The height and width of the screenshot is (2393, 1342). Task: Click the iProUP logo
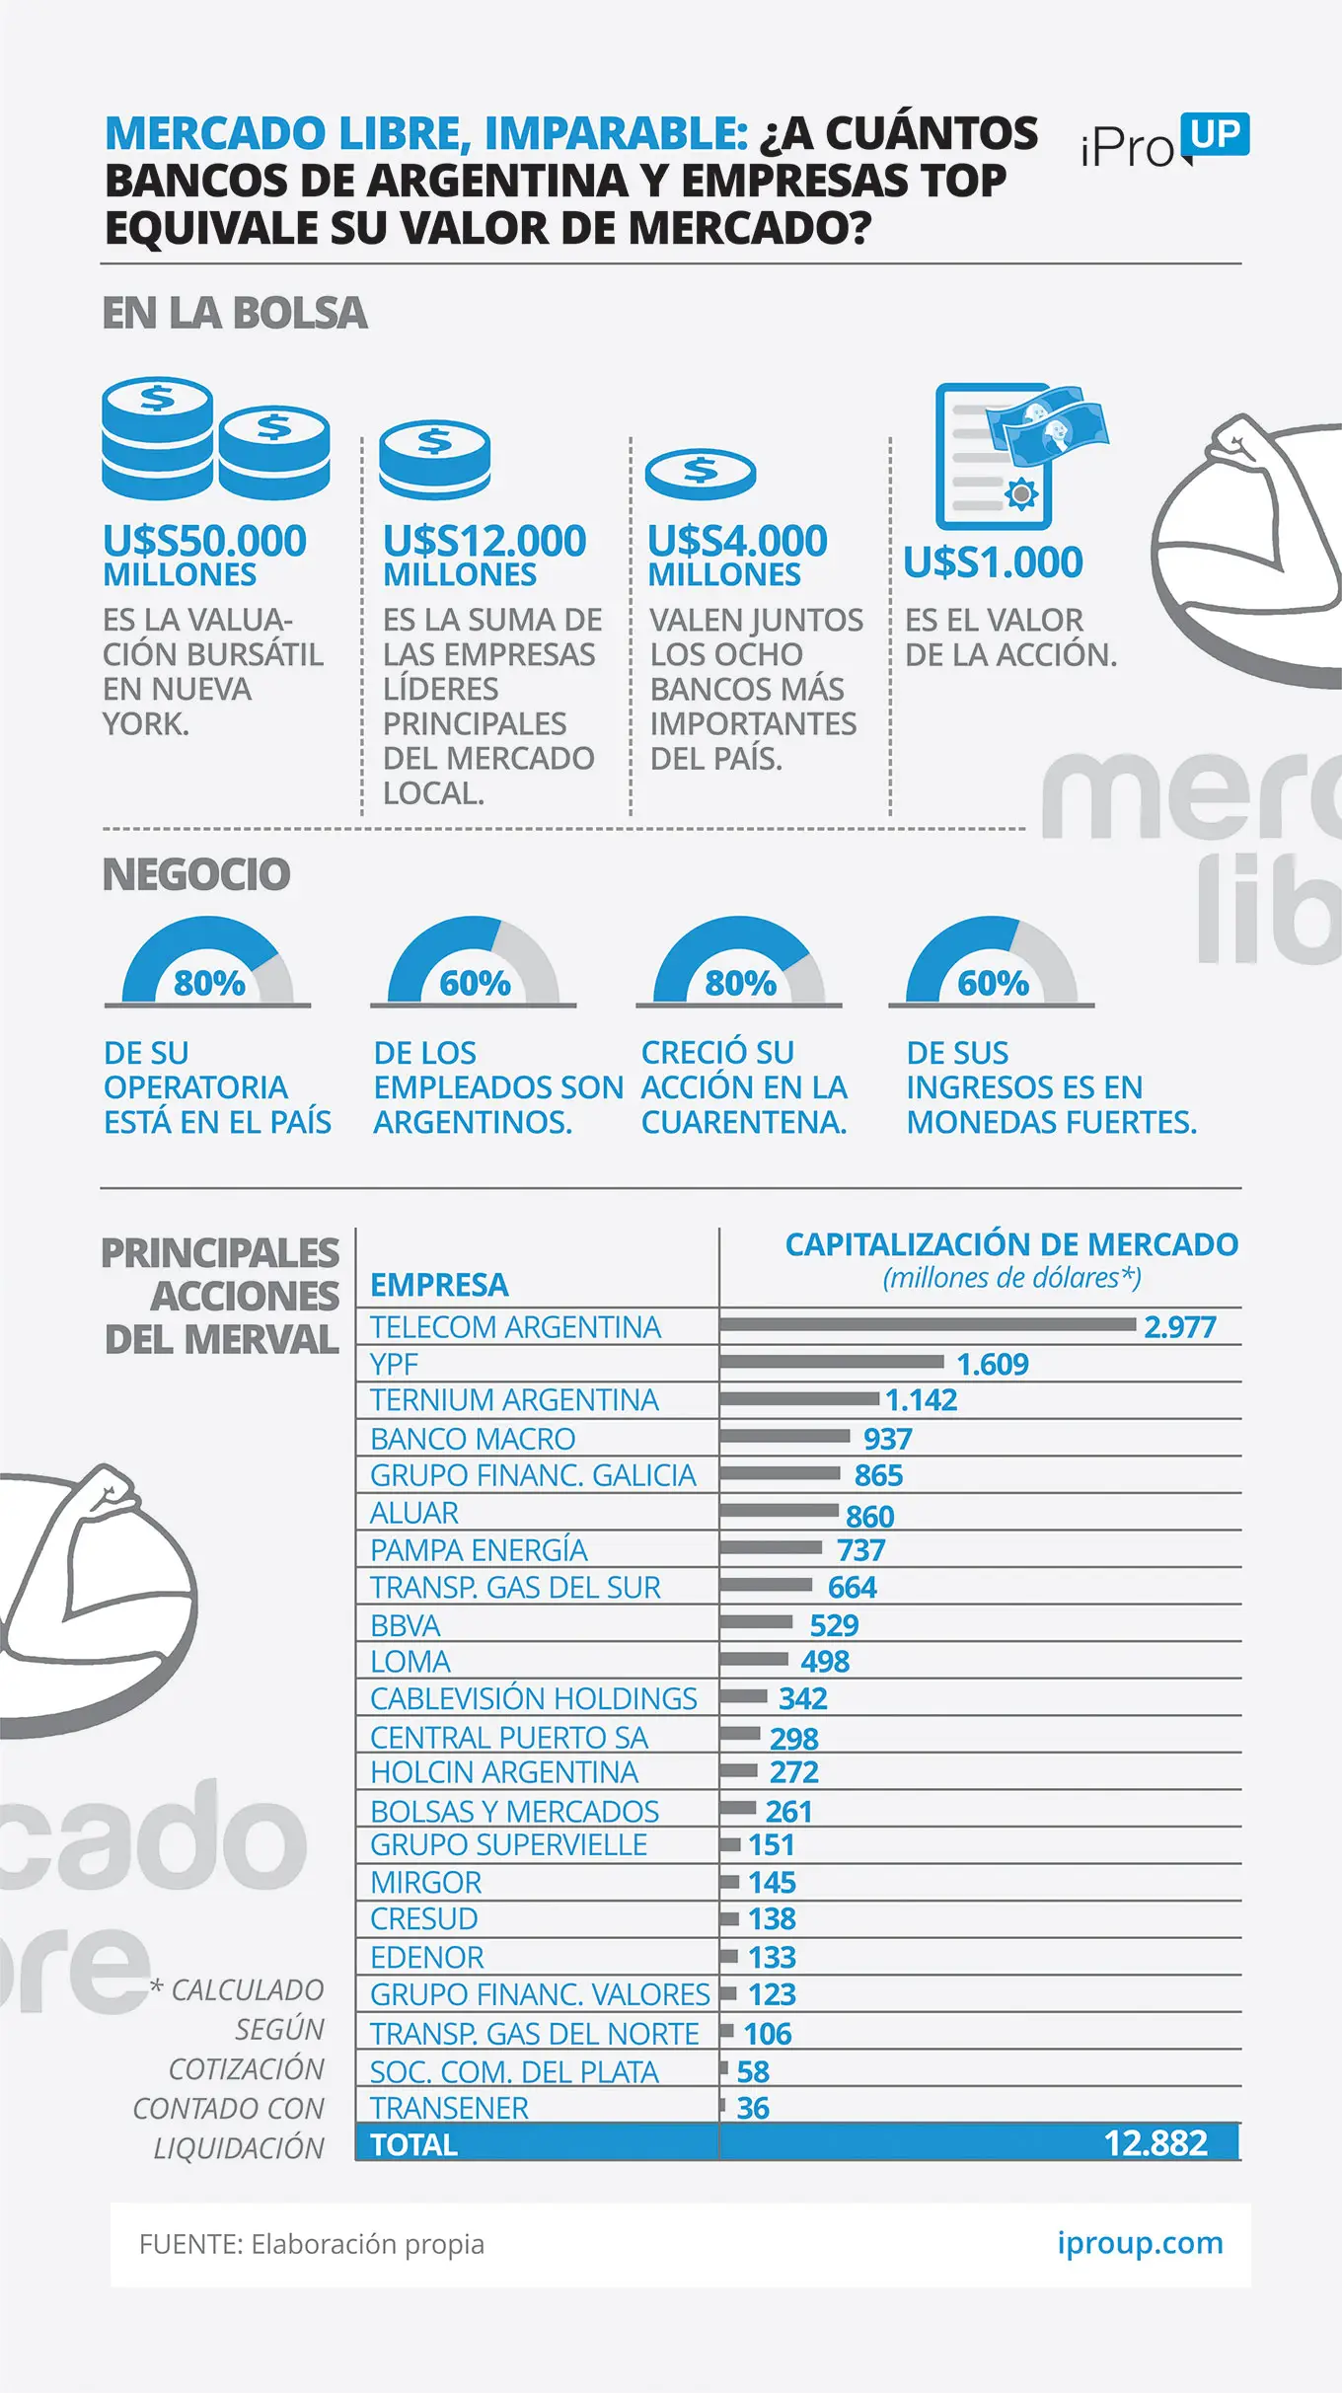[x=1165, y=142]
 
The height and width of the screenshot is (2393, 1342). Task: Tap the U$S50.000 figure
[x=205, y=541]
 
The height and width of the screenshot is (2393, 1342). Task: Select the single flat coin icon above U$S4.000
[x=701, y=474]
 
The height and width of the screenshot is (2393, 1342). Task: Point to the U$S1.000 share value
[x=994, y=562]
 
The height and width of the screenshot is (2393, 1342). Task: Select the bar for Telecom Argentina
[x=929, y=1324]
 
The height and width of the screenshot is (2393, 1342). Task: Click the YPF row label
[x=394, y=1364]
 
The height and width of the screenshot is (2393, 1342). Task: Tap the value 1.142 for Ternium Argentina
[x=921, y=1400]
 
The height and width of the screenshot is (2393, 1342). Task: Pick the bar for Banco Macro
[x=784, y=1436]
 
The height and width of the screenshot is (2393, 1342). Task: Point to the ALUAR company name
[x=414, y=1513]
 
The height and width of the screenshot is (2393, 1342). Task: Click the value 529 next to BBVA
[x=834, y=1625]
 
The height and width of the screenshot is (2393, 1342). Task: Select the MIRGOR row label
[x=426, y=1883]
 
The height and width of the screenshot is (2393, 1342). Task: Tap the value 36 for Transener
[x=753, y=2108]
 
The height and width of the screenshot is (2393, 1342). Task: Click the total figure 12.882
[x=1156, y=2143]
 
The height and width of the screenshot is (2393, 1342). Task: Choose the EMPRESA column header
[x=439, y=1285]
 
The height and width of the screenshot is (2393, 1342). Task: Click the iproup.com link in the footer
[x=1140, y=2243]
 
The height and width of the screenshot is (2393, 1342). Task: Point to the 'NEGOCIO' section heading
[x=196, y=875]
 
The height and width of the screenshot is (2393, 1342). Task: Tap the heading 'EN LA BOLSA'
[x=235, y=314]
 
